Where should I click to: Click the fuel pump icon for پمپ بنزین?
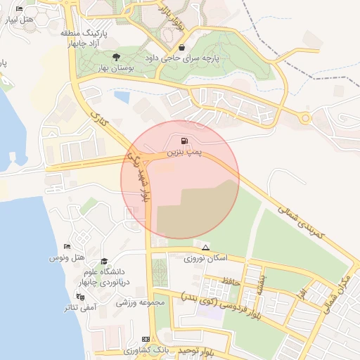pos(184,141)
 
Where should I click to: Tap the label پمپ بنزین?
pos(184,153)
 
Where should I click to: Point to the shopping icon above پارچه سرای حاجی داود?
pos(182,47)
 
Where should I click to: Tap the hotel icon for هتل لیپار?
pos(19,9)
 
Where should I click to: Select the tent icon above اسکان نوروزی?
pos(205,248)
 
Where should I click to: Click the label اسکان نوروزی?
pos(205,259)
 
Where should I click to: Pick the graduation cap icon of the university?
pos(104,261)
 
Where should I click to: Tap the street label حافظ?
pos(233,282)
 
